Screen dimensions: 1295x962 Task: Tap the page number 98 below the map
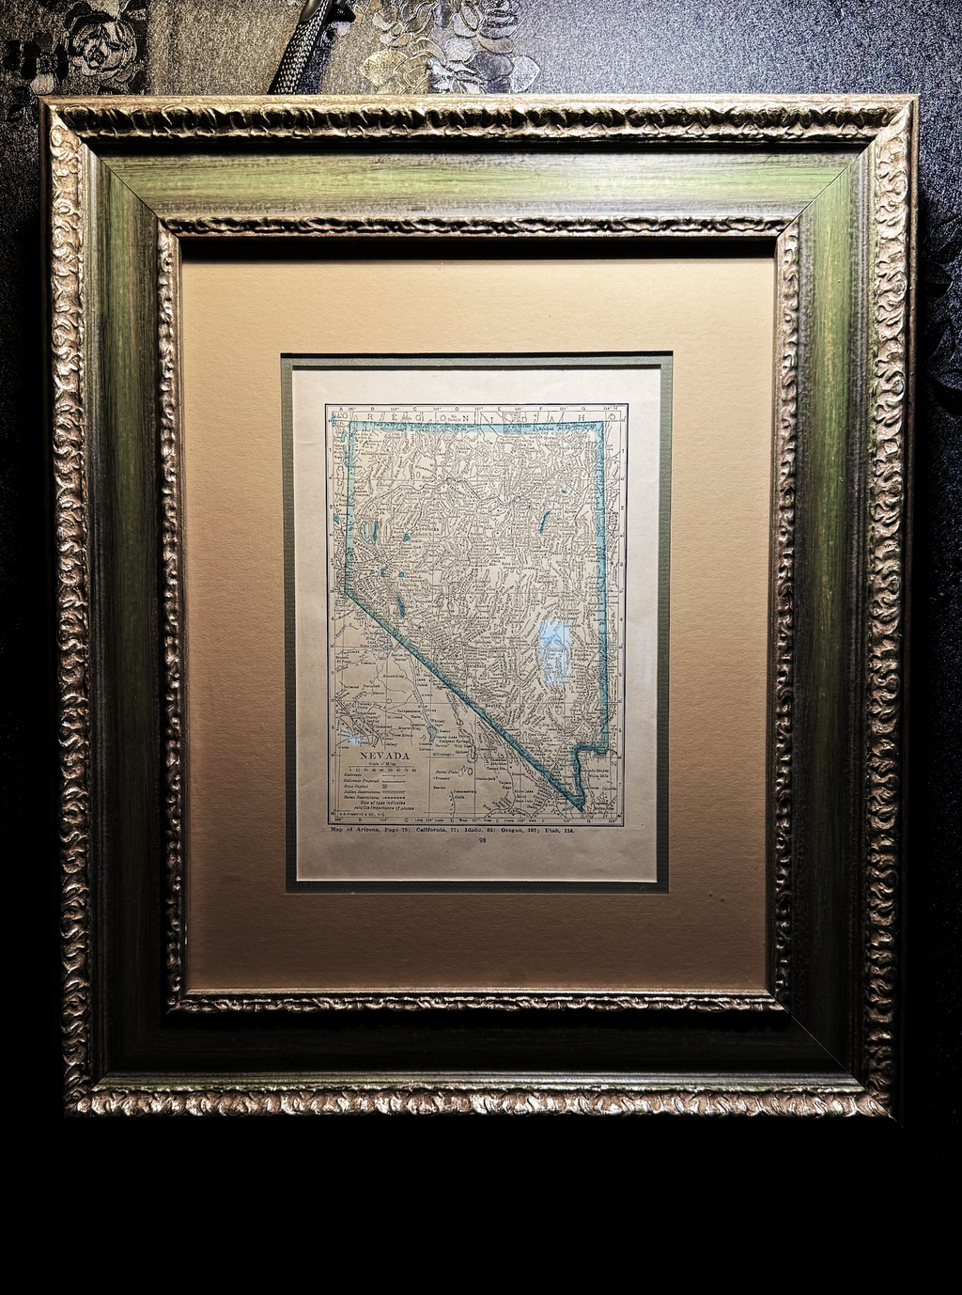(x=482, y=840)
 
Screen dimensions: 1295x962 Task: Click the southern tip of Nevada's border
(x=582, y=808)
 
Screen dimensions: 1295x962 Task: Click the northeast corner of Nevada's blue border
(x=600, y=424)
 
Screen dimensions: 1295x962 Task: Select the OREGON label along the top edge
(x=404, y=411)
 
